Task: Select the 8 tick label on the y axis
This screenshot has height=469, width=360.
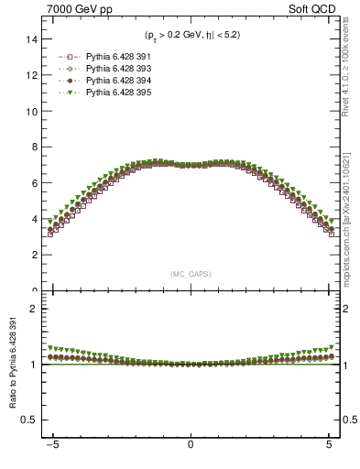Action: pyautogui.click(x=35, y=147)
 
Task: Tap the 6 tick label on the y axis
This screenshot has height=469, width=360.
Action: pyautogui.click(x=35, y=183)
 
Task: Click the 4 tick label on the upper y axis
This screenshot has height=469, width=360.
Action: pyautogui.click(x=35, y=219)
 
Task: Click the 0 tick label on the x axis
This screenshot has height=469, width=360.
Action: pyautogui.click(x=191, y=447)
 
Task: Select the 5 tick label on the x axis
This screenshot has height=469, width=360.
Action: pyautogui.click(x=329, y=447)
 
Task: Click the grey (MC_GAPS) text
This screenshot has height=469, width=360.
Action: pyautogui.click(x=191, y=274)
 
